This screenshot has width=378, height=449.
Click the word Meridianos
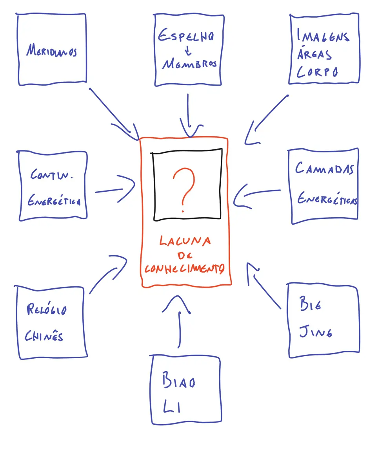(52, 51)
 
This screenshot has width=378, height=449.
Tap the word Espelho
(185, 37)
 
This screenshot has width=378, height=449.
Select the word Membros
(190, 64)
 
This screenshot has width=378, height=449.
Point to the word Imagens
(323, 37)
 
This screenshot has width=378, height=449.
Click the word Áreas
(314, 54)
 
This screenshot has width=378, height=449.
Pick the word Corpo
(317, 72)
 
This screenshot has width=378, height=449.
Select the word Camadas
(324, 169)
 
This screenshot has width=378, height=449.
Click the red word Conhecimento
(184, 269)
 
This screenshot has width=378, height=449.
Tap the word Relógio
(47, 310)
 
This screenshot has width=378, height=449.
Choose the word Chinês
(44, 336)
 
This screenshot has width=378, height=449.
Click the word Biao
(178, 382)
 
